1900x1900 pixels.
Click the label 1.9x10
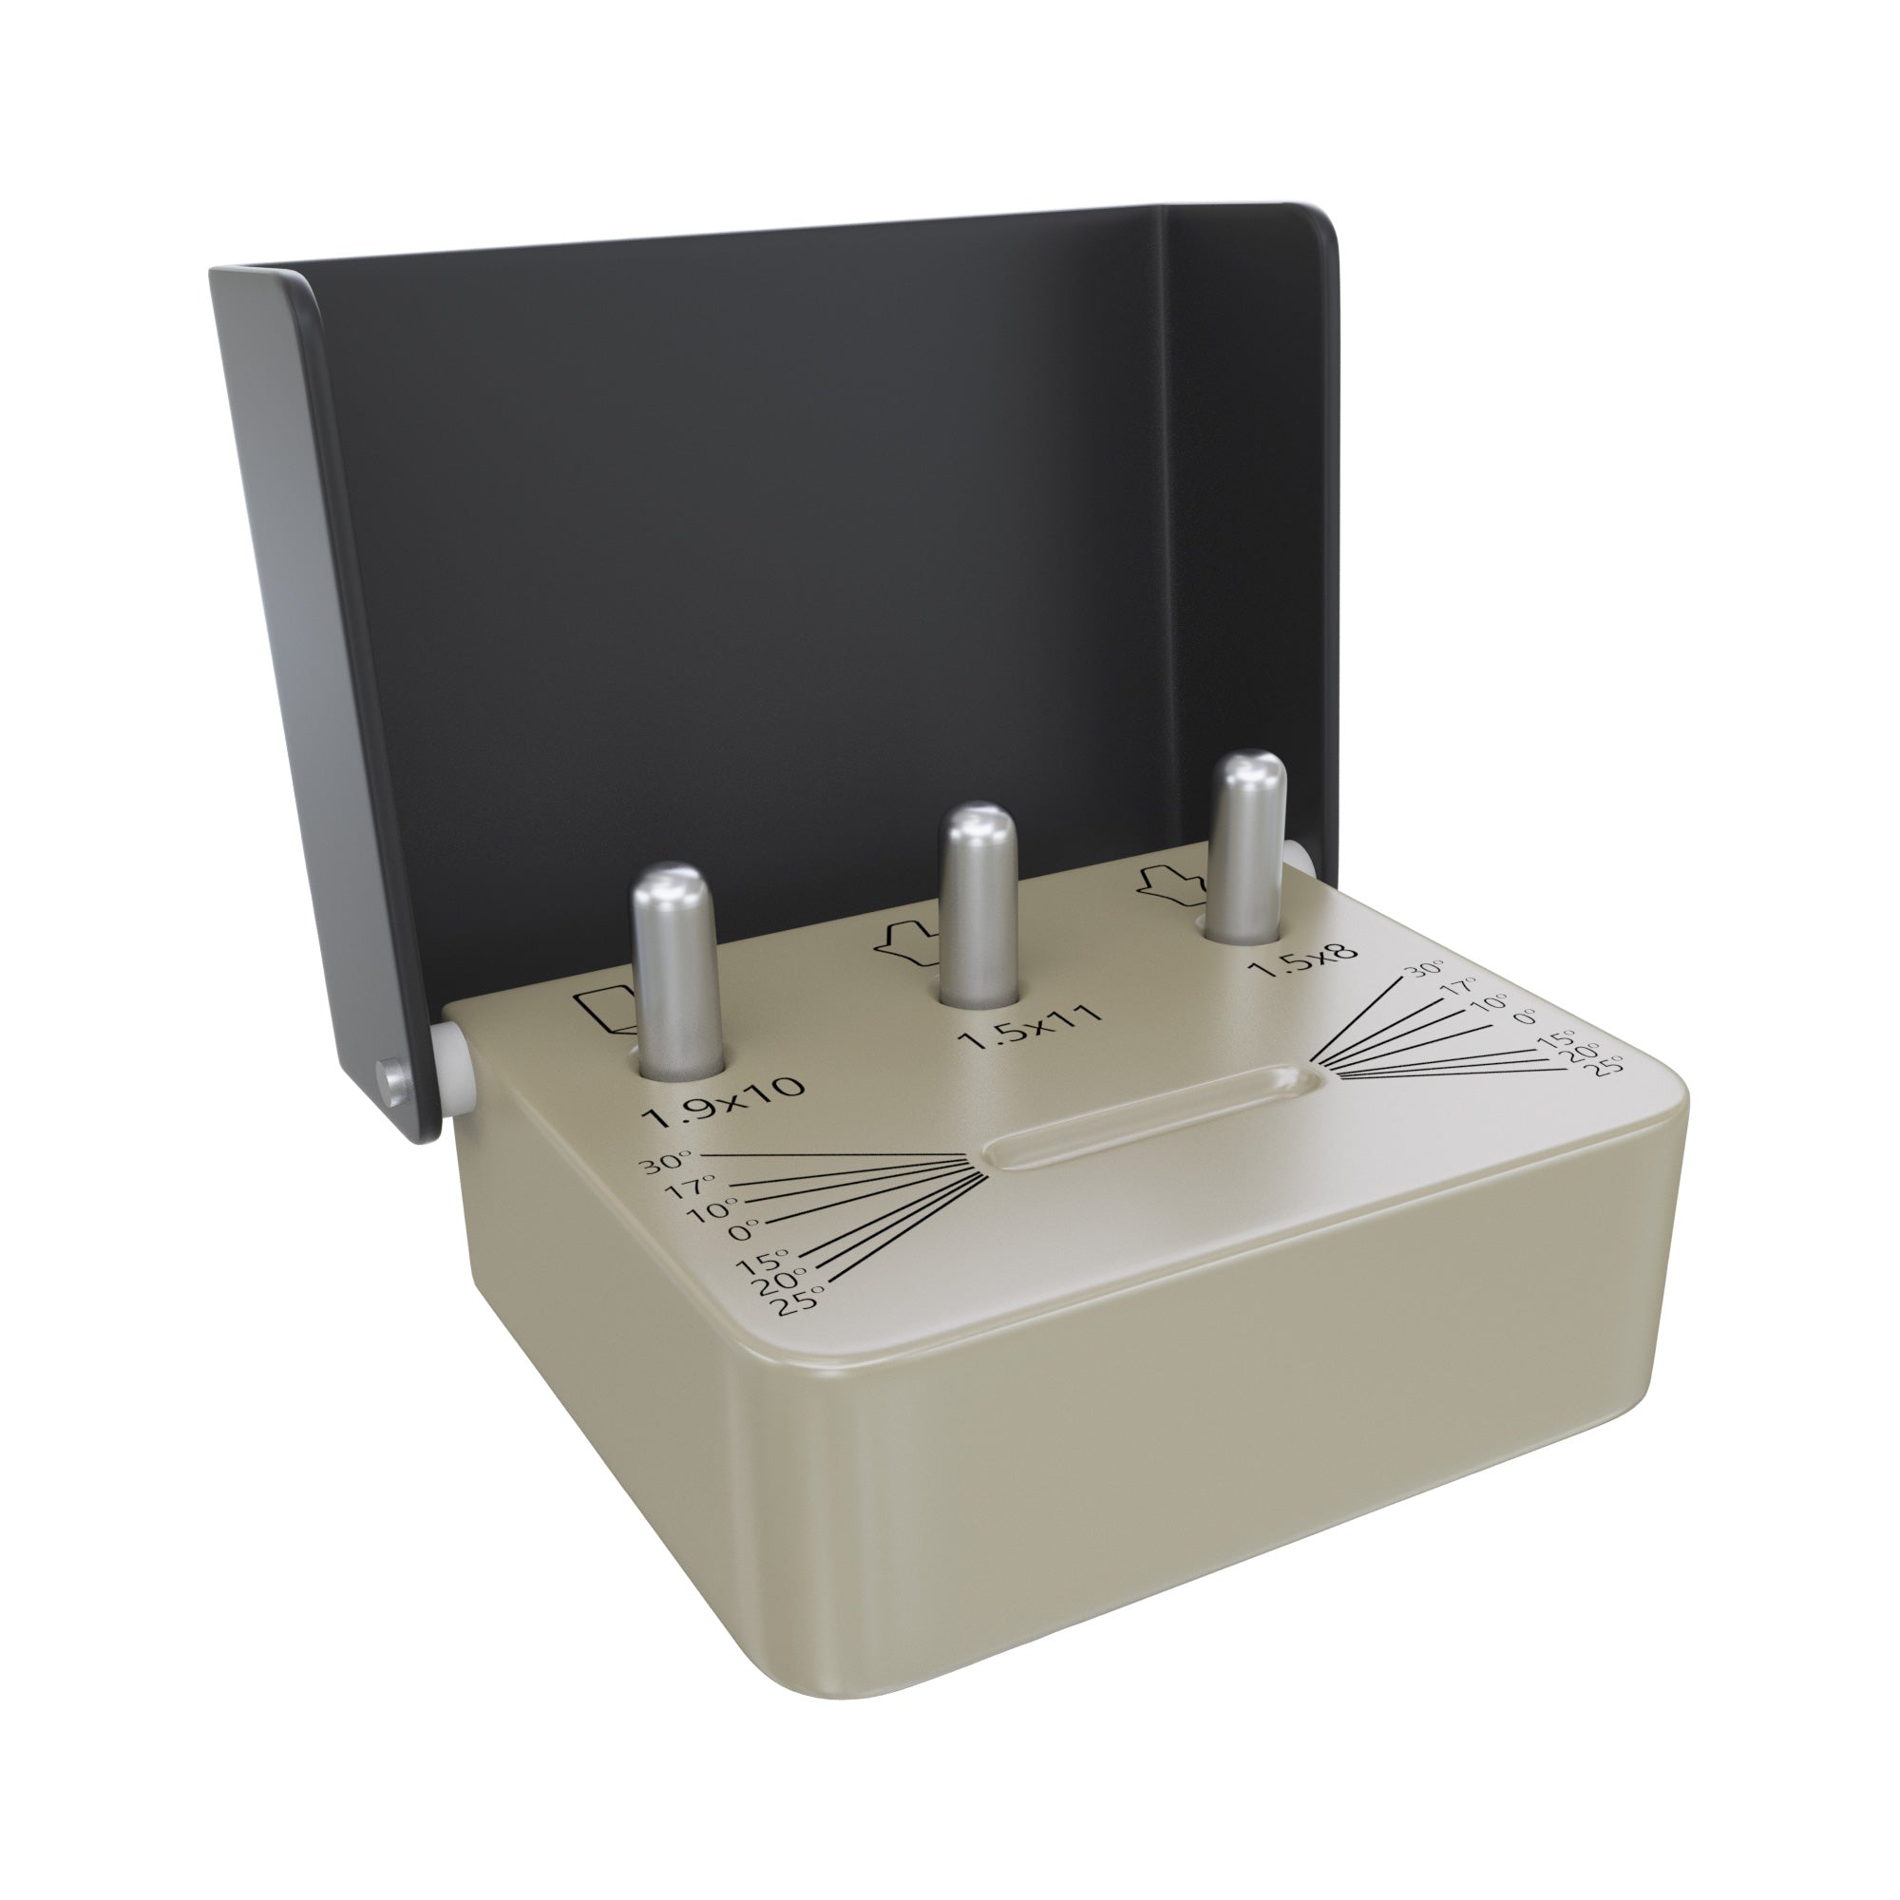point(724,1099)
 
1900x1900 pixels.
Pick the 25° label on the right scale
point(1610,1064)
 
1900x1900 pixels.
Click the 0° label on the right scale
point(1526,1016)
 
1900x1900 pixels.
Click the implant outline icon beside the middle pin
point(903,941)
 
